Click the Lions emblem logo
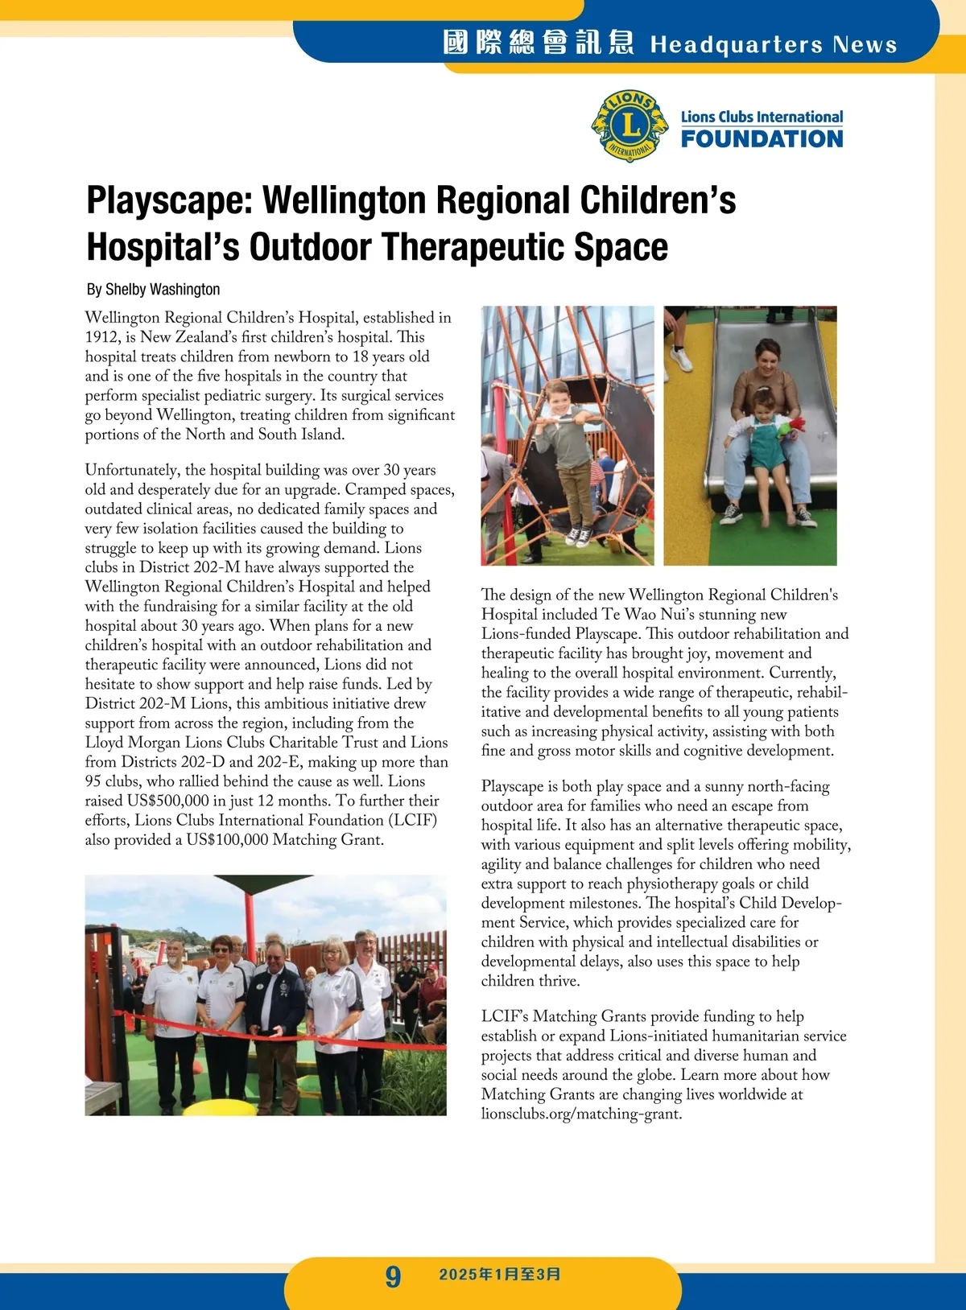coord(630,126)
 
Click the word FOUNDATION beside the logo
coord(762,139)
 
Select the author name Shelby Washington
coord(163,290)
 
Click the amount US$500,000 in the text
coord(168,801)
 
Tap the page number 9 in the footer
coord(392,1276)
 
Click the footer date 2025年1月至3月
coord(500,1275)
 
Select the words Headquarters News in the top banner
coord(773,44)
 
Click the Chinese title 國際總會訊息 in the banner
coord(538,43)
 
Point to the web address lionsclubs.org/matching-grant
coord(581,1114)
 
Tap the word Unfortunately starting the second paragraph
coord(133,470)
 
